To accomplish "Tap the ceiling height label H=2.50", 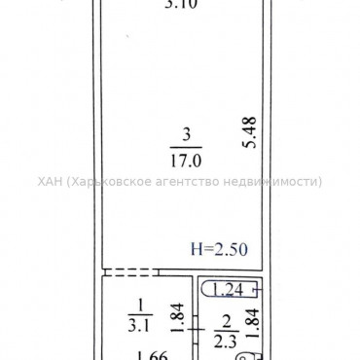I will pyautogui.click(x=219, y=249).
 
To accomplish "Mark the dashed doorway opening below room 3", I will pyautogui.click(x=127, y=272).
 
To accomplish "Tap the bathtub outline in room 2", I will pyautogui.click(x=231, y=289).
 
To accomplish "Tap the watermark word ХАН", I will pyautogui.click(x=51, y=181).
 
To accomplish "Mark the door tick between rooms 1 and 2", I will pyautogui.click(x=194, y=329).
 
